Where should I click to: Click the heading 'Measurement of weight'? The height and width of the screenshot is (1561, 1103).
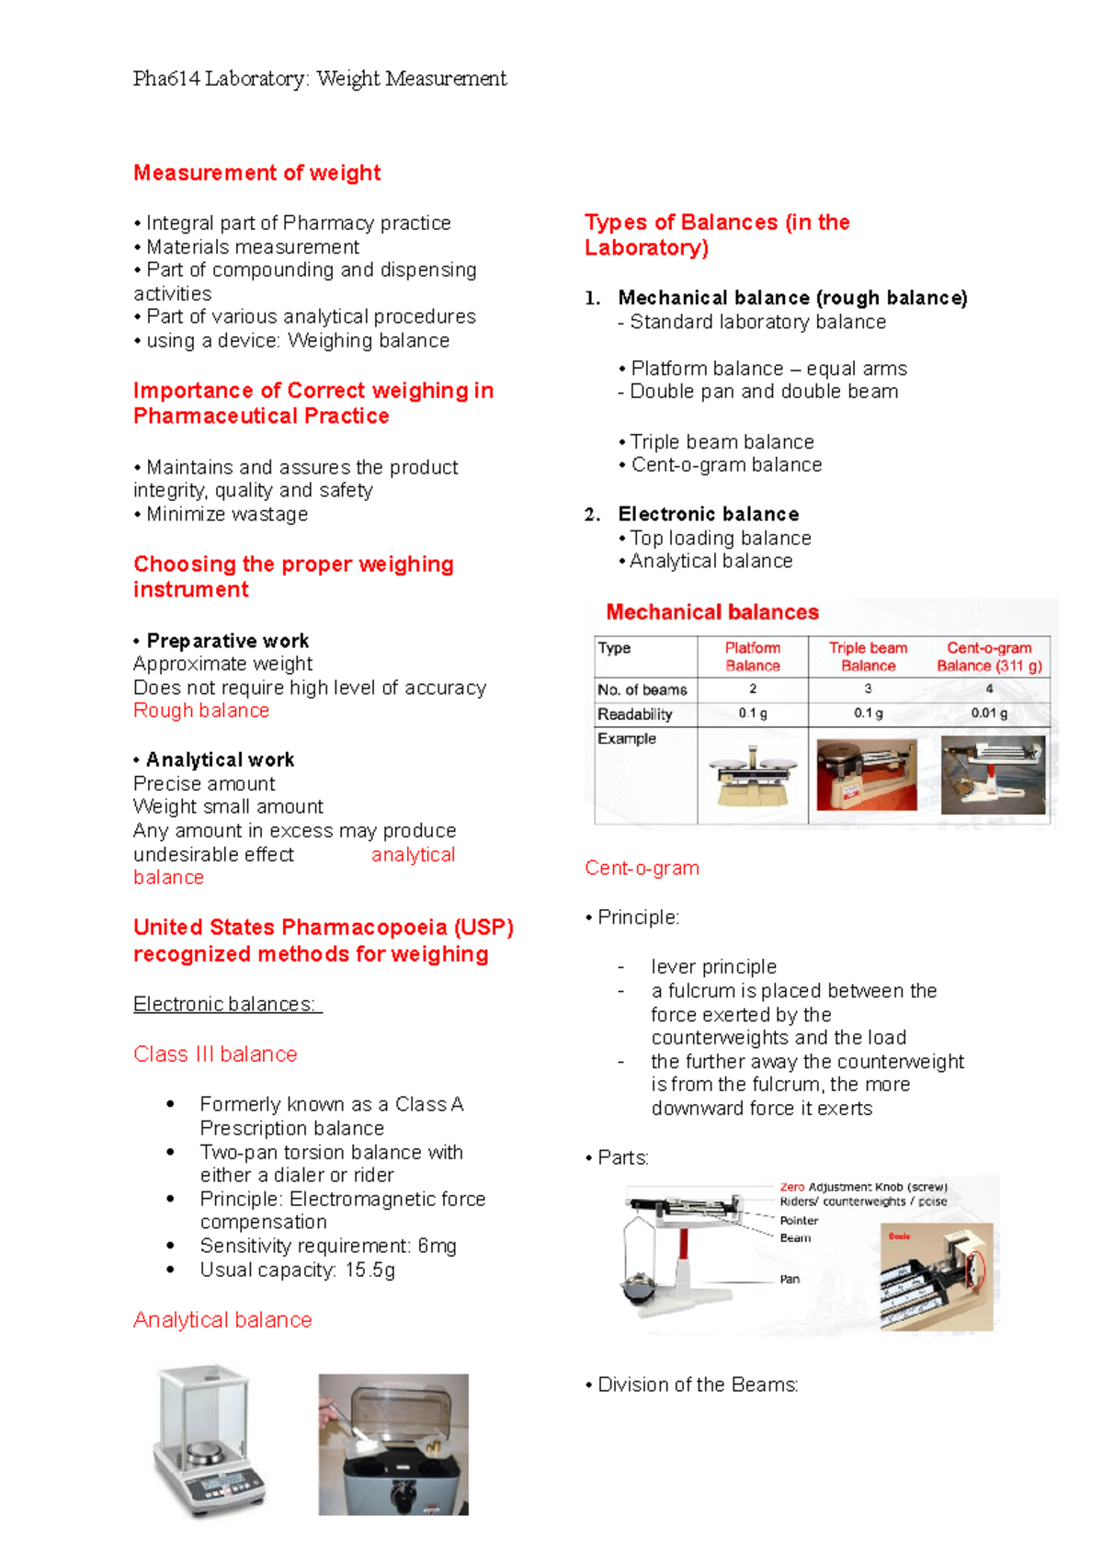click(256, 173)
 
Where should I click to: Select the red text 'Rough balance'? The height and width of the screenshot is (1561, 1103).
click(201, 711)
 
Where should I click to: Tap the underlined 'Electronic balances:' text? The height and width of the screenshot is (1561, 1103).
click(226, 1004)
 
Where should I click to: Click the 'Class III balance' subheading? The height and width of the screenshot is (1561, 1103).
click(215, 1054)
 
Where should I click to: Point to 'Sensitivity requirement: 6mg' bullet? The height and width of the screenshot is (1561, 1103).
click(328, 1247)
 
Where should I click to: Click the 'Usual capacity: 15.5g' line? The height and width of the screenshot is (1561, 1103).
click(298, 1270)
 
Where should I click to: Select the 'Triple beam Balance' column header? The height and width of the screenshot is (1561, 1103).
click(868, 656)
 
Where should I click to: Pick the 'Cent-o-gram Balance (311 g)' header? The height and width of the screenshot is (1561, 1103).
click(989, 656)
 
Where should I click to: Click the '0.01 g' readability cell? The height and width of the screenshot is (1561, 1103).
click(989, 713)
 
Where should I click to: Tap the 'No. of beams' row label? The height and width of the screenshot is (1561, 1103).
click(642, 689)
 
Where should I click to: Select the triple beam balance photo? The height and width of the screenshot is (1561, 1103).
click(867, 775)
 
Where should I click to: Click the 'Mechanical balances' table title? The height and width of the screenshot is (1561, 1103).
click(712, 612)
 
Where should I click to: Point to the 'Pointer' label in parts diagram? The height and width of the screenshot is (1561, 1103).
click(799, 1221)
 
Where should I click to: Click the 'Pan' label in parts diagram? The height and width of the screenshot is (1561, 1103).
click(790, 1279)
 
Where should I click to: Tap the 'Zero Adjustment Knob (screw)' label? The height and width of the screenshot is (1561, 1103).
click(863, 1187)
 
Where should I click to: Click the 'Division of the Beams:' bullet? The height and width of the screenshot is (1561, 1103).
click(698, 1385)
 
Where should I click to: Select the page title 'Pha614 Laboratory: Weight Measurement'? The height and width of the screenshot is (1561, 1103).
click(320, 79)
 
